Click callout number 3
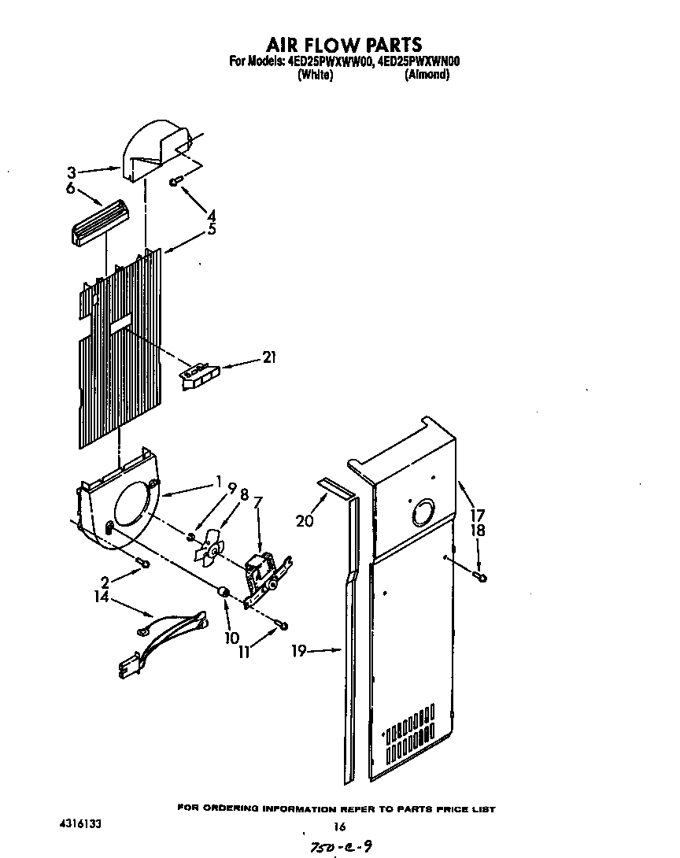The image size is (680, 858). click(x=71, y=172)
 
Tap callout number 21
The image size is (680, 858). click(x=270, y=358)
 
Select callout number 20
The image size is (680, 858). click(x=305, y=520)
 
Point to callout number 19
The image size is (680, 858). click(x=297, y=651)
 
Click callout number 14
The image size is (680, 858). click(x=101, y=598)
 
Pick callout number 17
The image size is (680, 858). click(x=477, y=516)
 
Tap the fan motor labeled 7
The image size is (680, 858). click(x=263, y=571)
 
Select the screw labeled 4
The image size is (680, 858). click(x=176, y=182)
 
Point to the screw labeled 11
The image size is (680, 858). click(x=281, y=626)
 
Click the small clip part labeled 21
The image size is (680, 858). click(x=198, y=374)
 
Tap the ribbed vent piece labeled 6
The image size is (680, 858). click(x=100, y=223)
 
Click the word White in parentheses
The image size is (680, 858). click(x=315, y=76)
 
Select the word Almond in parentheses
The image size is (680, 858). click(x=427, y=76)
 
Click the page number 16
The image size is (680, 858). click(x=340, y=826)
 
